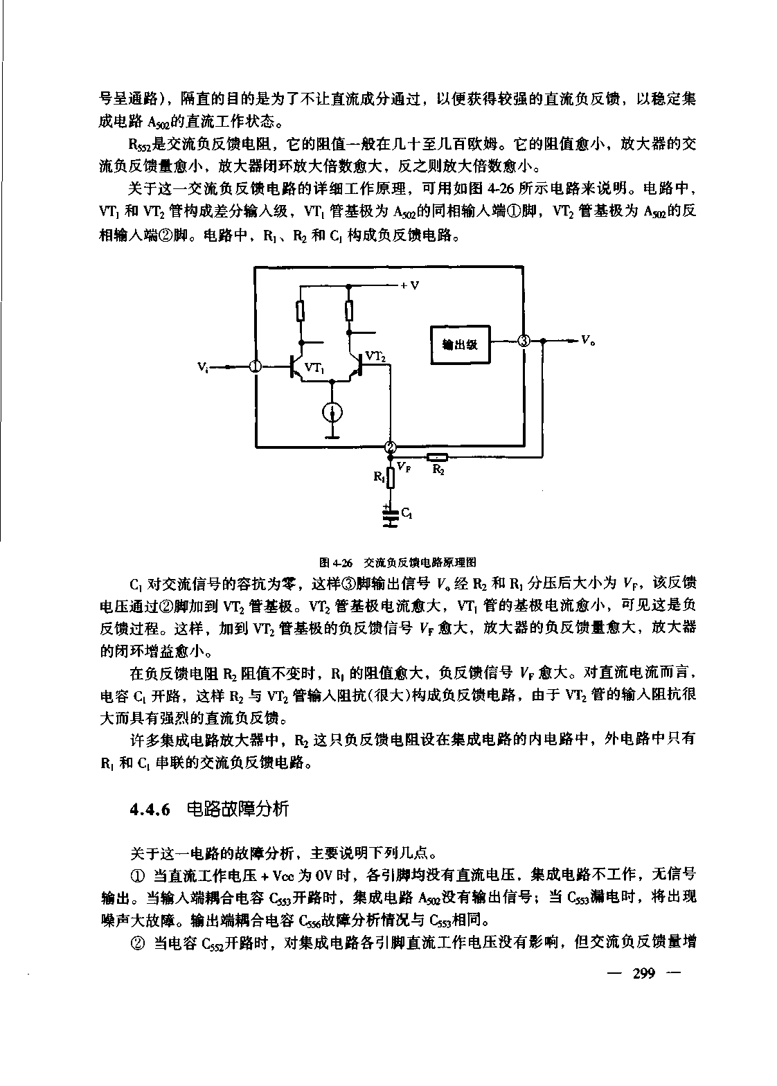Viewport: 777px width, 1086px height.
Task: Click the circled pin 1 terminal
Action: point(255,366)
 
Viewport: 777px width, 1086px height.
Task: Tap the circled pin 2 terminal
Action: point(390,447)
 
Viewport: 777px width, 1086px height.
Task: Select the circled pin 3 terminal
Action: point(524,341)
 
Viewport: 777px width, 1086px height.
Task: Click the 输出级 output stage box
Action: point(460,344)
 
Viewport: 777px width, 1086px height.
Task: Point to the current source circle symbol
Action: point(333,413)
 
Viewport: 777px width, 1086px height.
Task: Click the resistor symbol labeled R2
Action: point(438,456)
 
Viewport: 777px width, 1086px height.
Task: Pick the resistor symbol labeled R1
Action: point(391,477)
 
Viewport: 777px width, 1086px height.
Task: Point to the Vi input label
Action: point(203,367)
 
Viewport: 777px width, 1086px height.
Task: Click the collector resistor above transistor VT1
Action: point(301,311)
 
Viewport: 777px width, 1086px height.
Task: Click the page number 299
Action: point(643,973)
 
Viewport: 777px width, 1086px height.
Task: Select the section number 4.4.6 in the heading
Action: point(150,809)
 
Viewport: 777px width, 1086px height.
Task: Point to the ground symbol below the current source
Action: point(333,436)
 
